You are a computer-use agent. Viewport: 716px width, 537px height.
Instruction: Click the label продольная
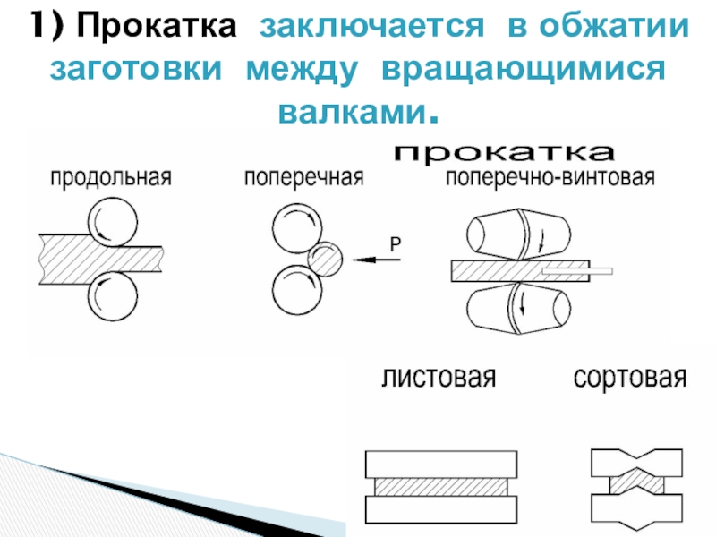(110, 176)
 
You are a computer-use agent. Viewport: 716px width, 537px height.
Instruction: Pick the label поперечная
(304, 176)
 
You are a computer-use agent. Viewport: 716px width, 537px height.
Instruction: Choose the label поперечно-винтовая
(550, 176)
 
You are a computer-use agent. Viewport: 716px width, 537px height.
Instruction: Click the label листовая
(439, 378)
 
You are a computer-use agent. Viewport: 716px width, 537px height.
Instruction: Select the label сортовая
(630, 378)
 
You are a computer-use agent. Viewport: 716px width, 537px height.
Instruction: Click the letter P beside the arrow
(395, 243)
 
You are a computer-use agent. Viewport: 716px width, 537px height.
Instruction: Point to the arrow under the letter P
(377, 260)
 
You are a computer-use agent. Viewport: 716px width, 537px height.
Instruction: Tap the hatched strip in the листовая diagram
(442, 486)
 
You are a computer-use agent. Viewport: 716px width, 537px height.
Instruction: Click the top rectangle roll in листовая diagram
(442, 464)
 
